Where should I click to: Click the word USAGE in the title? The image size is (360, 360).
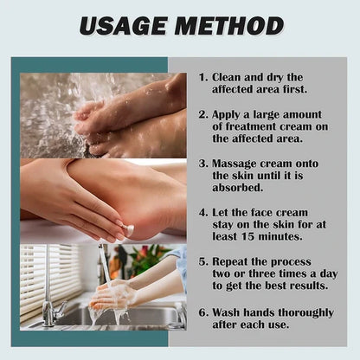tap(123, 26)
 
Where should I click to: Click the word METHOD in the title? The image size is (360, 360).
tap(229, 26)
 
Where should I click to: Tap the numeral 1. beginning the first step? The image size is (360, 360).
tap(203, 77)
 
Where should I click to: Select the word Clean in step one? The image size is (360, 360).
tap(226, 77)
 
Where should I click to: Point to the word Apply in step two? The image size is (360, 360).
tap(226, 115)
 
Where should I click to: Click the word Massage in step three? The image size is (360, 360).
tap(234, 164)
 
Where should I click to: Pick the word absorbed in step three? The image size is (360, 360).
tap(238, 188)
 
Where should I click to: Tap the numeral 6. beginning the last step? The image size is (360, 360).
tap(203, 312)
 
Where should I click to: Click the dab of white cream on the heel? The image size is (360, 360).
tap(129, 229)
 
